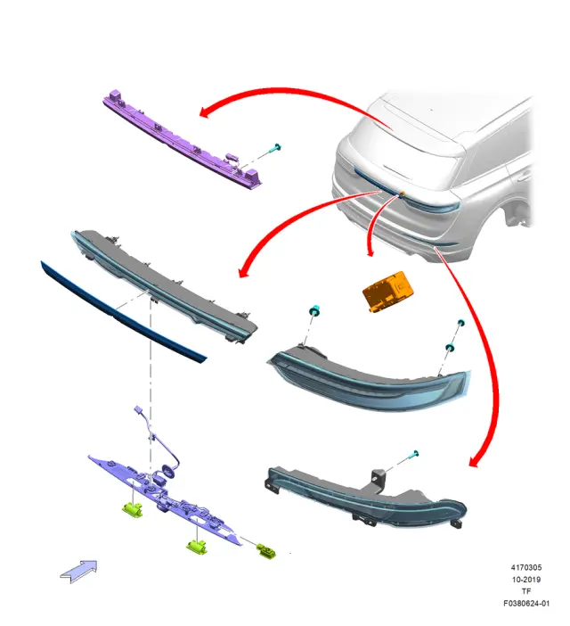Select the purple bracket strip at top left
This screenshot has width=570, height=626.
click(x=182, y=141)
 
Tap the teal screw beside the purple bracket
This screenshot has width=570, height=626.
click(x=276, y=148)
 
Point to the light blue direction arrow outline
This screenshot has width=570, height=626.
click(x=79, y=571)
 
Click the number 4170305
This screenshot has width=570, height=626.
click(x=526, y=567)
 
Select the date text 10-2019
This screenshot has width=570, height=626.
click(x=526, y=580)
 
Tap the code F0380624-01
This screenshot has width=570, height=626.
click(x=526, y=603)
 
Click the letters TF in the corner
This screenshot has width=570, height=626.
click(x=526, y=591)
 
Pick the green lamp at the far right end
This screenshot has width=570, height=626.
click(x=267, y=551)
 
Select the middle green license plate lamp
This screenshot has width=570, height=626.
click(x=197, y=547)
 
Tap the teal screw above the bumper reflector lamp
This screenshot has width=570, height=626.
click(x=414, y=454)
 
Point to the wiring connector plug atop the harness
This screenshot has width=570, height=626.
click(x=139, y=410)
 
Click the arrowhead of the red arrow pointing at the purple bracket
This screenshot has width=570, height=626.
click(x=205, y=112)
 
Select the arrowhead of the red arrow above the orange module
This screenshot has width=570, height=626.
click(x=370, y=252)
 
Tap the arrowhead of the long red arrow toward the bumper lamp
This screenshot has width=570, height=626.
click(x=474, y=462)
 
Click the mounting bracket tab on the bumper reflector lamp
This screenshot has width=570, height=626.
click(x=379, y=480)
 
